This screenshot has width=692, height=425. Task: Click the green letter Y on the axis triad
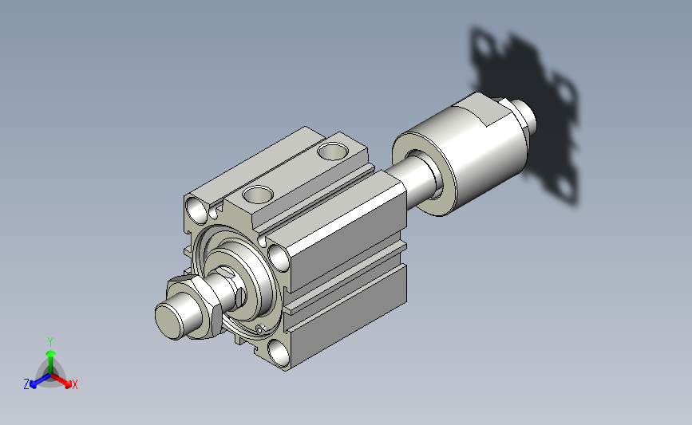[x=50, y=342]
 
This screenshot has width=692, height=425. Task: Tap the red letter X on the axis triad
[x=74, y=384]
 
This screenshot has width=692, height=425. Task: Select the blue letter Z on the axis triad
[x=26, y=384]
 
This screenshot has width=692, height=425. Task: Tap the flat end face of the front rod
[x=169, y=321]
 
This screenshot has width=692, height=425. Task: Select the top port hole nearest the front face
[x=258, y=194]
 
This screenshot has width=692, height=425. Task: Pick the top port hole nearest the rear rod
[x=333, y=152]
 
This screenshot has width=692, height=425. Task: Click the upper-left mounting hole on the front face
[x=197, y=209]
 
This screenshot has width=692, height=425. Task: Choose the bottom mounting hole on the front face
[x=279, y=353]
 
